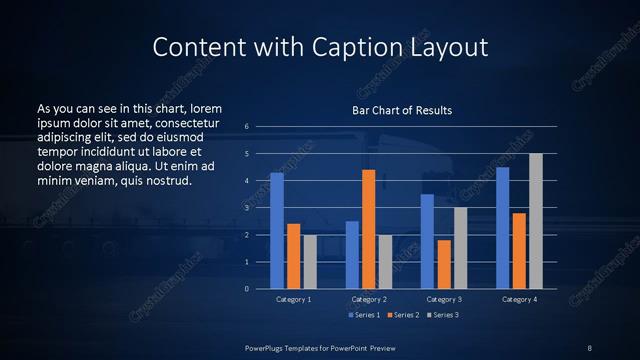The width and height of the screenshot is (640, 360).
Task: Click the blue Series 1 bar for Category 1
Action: [277, 231]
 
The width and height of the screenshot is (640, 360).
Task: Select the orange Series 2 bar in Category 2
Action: [368, 229]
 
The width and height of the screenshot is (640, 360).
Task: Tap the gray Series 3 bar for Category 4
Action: [535, 221]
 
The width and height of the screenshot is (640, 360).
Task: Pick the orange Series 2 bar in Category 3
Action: [443, 264]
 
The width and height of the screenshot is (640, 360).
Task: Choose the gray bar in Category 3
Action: [460, 248]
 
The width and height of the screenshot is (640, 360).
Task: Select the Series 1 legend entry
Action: [363, 315]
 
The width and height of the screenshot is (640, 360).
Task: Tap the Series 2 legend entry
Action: [403, 315]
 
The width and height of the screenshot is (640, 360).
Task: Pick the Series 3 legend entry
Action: [444, 315]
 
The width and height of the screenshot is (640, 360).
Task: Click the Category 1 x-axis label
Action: [294, 299]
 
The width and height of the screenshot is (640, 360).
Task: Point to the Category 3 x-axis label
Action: [443, 299]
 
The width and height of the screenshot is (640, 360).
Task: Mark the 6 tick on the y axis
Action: [246, 127]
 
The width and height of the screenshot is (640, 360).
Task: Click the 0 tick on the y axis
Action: [246, 289]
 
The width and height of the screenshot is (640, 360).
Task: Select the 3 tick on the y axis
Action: [246, 208]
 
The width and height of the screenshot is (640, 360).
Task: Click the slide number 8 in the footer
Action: [589, 346]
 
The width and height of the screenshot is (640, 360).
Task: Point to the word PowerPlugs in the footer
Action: [267, 346]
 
